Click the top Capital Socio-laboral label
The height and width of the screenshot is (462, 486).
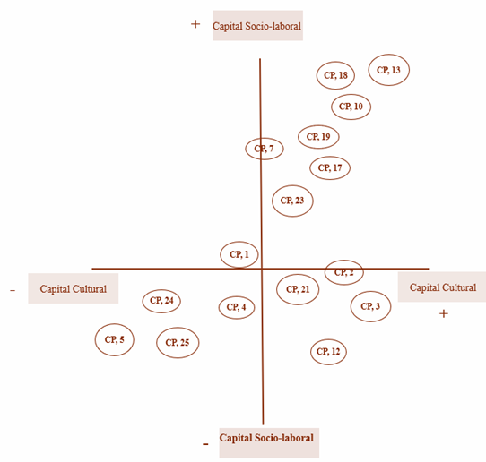[257, 26]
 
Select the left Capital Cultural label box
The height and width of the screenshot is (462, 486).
[74, 288]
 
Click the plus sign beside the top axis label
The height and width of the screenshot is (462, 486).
[195, 24]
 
